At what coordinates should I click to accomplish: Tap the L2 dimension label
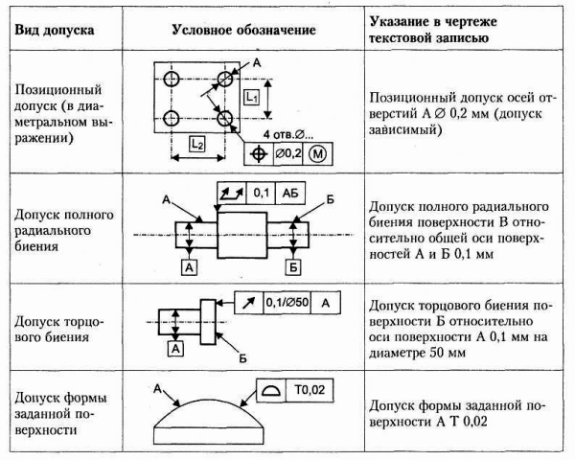tap(195, 145)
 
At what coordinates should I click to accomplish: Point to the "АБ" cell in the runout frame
tap(289, 192)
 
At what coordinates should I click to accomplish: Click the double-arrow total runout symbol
tap(232, 192)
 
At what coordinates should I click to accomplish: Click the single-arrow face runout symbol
tap(246, 303)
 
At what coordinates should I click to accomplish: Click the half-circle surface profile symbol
tap(270, 389)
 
